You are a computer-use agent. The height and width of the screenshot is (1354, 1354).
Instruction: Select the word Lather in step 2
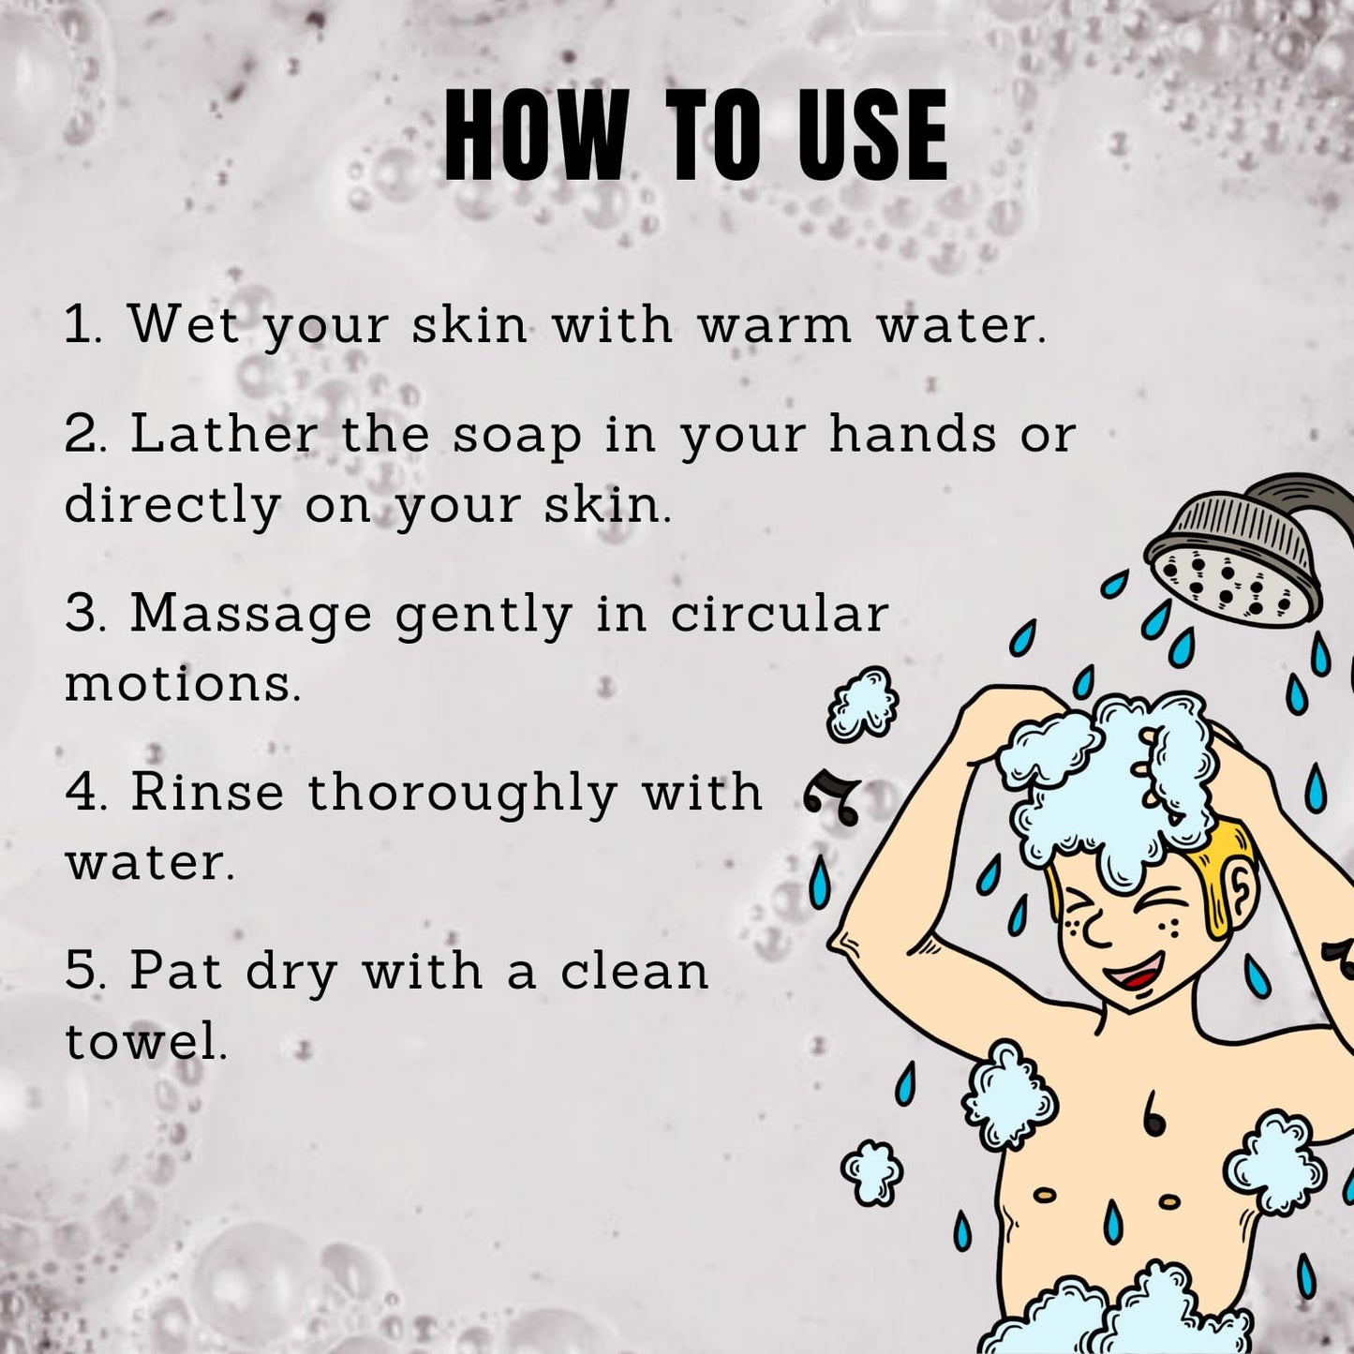[x=223, y=434]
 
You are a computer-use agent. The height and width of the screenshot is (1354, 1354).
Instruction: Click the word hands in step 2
[x=913, y=434]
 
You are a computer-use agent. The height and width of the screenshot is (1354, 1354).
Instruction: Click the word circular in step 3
[x=780, y=613]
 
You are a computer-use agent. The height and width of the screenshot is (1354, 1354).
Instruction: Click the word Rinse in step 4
[x=207, y=792]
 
